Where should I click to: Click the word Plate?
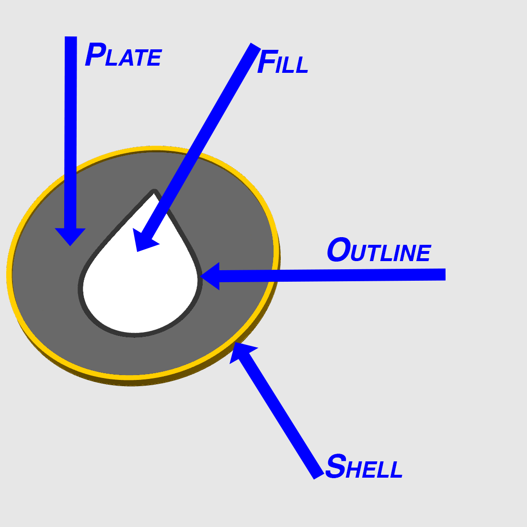pos(123,54)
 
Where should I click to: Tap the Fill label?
pos(282,61)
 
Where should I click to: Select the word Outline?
pos(379,250)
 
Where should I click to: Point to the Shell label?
pos(364,466)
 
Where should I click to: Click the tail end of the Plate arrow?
pos(71,36)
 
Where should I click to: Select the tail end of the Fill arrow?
pos(256,46)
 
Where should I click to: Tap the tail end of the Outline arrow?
pos(446,274)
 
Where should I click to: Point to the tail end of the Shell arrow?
pos(319,476)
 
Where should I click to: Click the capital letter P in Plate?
pos(95,54)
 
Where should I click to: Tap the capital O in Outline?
pos(339,250)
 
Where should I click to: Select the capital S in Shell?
pos(335,466)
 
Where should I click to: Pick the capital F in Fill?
pos(267,61)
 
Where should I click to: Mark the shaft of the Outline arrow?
pos(332,275)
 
